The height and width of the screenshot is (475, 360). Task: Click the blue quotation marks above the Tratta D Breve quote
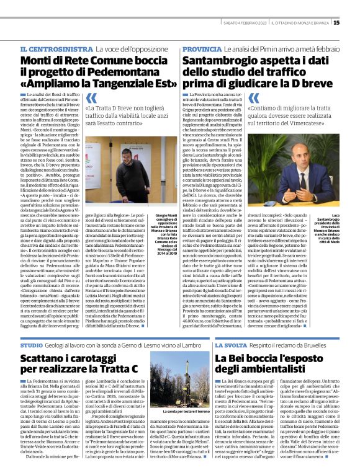91,98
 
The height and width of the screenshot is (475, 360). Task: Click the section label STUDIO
32,344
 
